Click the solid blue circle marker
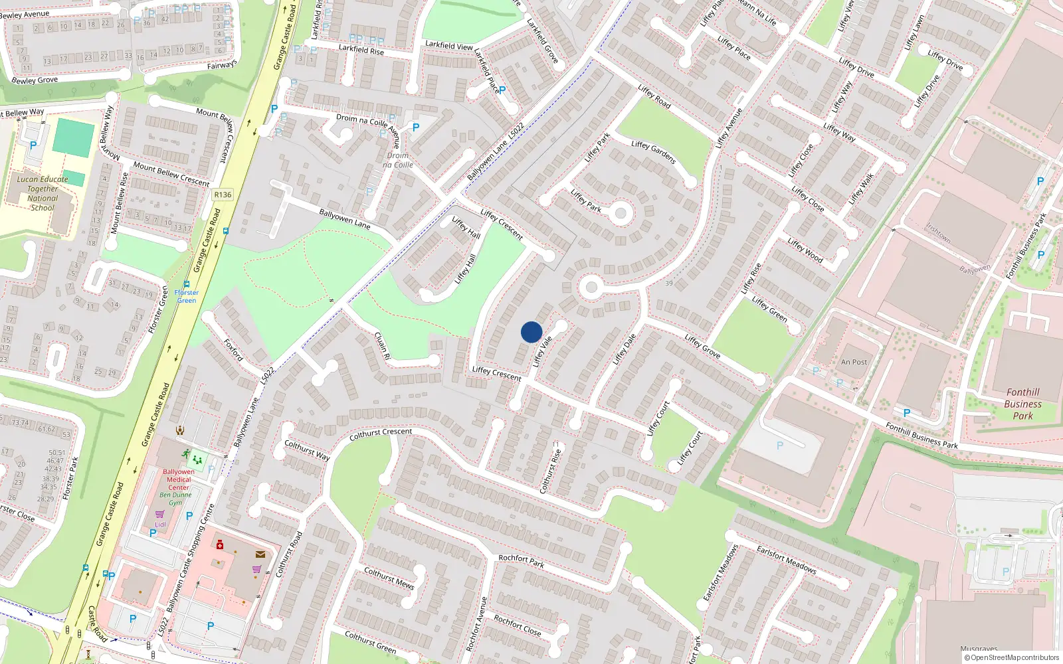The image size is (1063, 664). pyautogui.click(x=531, y=332)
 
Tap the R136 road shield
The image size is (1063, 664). pyautogui.click(x=223, y=195)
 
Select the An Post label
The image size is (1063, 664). pyautogui.click(x=854, y=362)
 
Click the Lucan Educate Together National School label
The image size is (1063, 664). pyautogui.click(x=43, y=193)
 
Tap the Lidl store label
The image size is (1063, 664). pyautogui.click(x=160, y=524)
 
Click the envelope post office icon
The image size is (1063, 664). pyautogui.click(x=260, y=554)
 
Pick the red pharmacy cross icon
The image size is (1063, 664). pyautogui.click(x=220, y=545)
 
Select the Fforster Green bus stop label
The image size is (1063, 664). pyautogui.click(x=187, y=296)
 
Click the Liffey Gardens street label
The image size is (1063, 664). pyautogui.click(x=653, y=153)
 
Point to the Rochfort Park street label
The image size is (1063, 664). pyautogui.click(x=522, y=561)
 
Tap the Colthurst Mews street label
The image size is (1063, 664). pyautogui.click(x=389, y=578)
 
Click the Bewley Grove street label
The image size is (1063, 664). pyautogui.click(x=35, y=80)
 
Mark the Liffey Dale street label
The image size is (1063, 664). pyautogui.click(x=624, y=349)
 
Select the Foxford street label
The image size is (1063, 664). pyautogui.click(x=234, y=349)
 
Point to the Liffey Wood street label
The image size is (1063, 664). pyautogui.click(x=805, y=250)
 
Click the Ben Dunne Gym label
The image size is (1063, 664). pyautogui.click(x=175, y=499)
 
